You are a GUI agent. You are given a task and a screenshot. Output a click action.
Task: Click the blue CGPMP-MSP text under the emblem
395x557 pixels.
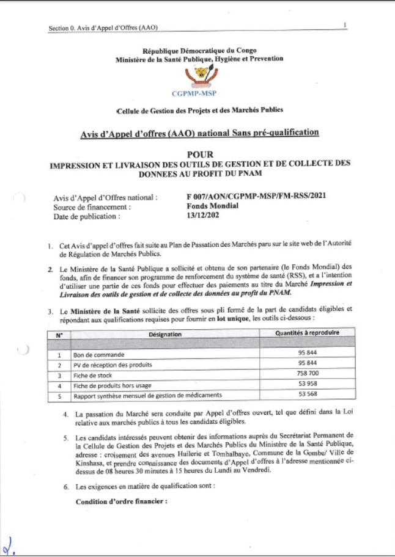pos(199,94)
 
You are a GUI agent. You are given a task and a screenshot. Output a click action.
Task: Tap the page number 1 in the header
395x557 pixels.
pos(346,25)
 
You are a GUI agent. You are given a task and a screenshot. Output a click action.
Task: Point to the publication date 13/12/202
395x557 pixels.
pos(202,215)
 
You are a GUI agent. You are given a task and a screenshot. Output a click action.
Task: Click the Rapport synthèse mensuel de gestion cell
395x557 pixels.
pos(131,396)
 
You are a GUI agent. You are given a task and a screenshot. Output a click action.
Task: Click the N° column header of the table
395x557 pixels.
pos(59,334)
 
